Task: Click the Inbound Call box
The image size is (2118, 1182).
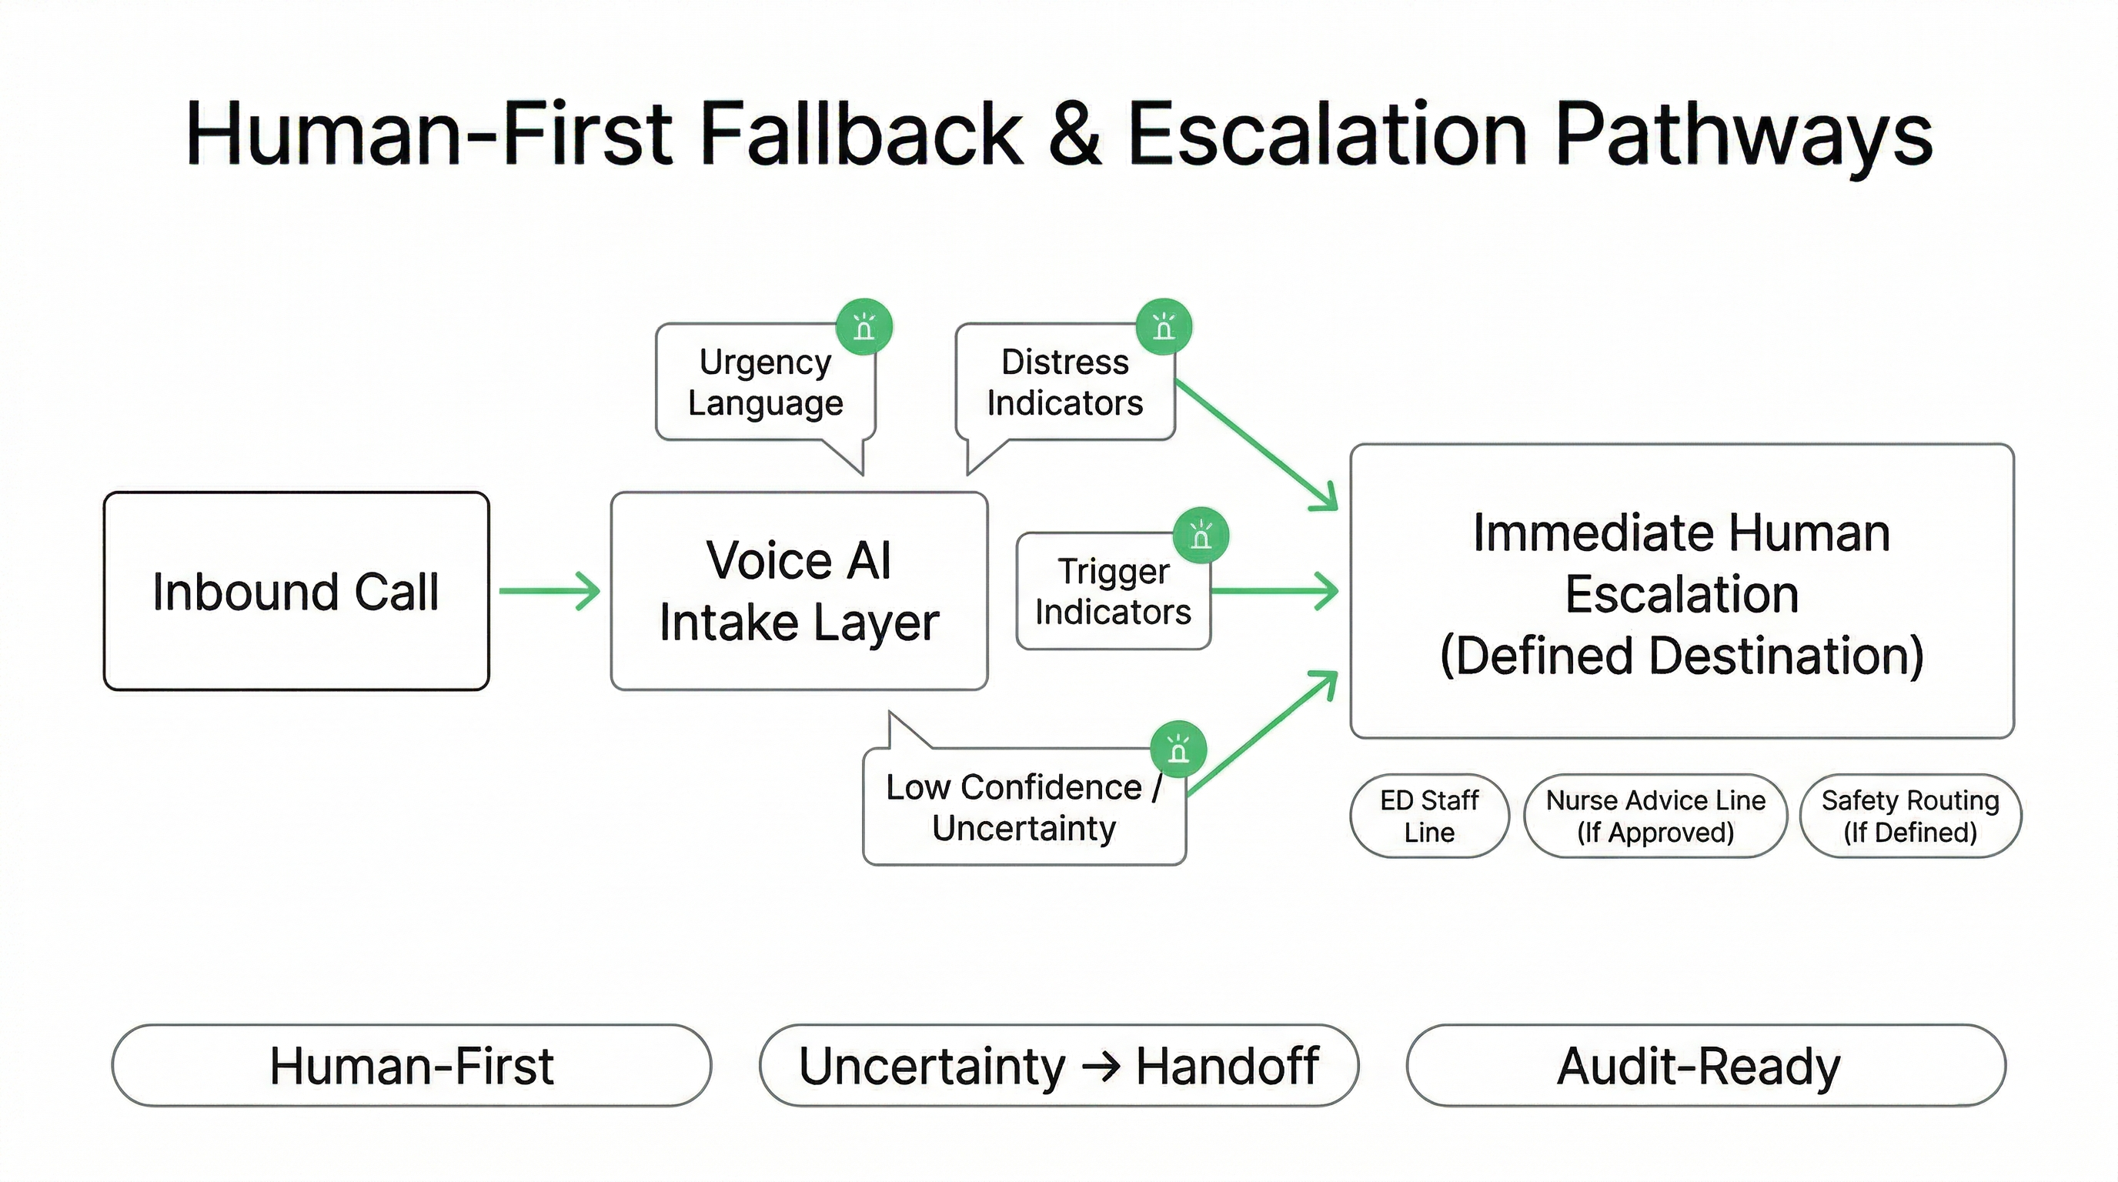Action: pyautogui.click(x=296, y=590)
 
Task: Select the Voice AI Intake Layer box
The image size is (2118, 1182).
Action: pyautogui.click(x=798, y=590)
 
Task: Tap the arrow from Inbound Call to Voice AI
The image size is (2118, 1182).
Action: pyautogui.click(x=550, y=590)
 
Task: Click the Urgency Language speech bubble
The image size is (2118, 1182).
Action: pyautogui.click(x=765, y=382)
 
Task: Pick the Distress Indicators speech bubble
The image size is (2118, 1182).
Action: pyautogui.click(x=1064, y=382)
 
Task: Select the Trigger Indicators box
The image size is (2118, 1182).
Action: pyautogui.click(x=1112, y=592)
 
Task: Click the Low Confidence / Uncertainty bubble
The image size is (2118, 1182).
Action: pyautogui.click(x=1024, y=807)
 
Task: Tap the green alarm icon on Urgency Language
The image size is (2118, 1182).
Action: pyautogui.click(x=864, y=327)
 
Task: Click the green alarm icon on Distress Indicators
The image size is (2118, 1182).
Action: pyautogui.click(x=1164, y=327)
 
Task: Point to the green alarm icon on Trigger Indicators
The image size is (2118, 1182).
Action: pyautogui.click(x=1201, y=536)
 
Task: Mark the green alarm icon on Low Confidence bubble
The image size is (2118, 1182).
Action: pyautogui.click(x=1178, y=750)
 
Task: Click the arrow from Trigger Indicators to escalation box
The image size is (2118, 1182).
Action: pyautogui.click(x=1274, y=590)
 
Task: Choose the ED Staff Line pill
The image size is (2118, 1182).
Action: pyautogui.click(x=1429, y=816)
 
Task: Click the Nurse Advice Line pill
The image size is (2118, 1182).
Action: pyautogui.click(x=1655, y=816)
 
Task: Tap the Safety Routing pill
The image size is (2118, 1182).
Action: pyautogui.click(x=1910, y=816)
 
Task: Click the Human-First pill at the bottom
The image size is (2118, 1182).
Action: pyautogui.click(x=411, y=1065)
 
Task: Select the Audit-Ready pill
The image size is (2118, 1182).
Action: pyautogui.click(x=1705, y=1065)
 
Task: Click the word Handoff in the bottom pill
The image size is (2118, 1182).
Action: pyautogui.click(x=1227, y=1065)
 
